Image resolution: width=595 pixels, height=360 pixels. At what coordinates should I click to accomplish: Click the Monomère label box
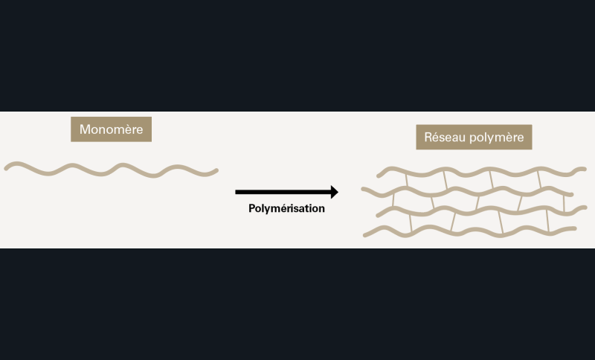pyautogui.click(x=111, y=129)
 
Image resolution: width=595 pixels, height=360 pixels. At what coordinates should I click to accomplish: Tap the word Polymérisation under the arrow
pyautogui.click(x=286, y=209)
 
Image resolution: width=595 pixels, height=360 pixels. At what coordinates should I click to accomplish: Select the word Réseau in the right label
pyautogui.click(x=443, y=138)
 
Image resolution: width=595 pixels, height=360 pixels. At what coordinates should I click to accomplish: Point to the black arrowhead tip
pyautogui.click(x=338, y=192)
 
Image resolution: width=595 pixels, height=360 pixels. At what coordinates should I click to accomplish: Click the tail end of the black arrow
pyautogui.click(x=237, y=192)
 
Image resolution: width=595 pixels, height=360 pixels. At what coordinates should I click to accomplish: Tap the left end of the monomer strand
pyautogui.click(x=7, y=167)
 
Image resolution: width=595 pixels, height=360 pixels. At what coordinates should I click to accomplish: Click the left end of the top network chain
pyautogui.click(x=379, y=176)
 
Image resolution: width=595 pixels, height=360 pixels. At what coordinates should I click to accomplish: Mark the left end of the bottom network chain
pyautogui.click(x=365, y=235)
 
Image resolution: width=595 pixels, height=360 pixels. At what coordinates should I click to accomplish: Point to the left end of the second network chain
pyautogui.click(x=364, y=190)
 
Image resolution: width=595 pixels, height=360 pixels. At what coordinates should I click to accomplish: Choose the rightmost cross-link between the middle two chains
pyautogui.click(x=564, y=203)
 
